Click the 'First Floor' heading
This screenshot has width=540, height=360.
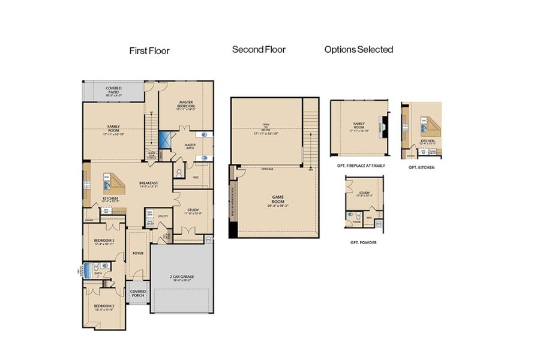[149, 51]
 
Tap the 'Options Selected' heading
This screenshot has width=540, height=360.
[359, 50]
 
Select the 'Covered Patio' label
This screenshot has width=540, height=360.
[113, 91]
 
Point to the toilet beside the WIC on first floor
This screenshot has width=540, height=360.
[179, 172]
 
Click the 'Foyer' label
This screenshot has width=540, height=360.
[138, 253]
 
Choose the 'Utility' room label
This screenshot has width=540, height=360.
[163, 216]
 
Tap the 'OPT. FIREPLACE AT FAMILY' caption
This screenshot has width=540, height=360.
[358, 165]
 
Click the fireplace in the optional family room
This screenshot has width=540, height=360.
[382, 127]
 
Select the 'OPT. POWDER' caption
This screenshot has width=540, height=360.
[363, 243]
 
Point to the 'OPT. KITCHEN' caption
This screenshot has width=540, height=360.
[422, 167]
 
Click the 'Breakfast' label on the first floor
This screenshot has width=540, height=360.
[148, 184]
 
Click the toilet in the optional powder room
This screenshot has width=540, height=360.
[358, 215]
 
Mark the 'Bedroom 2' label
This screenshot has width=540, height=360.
[104, 308]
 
